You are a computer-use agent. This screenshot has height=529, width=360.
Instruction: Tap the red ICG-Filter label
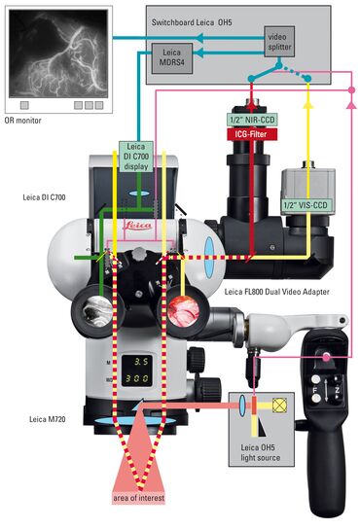click(x=255, y=134)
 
